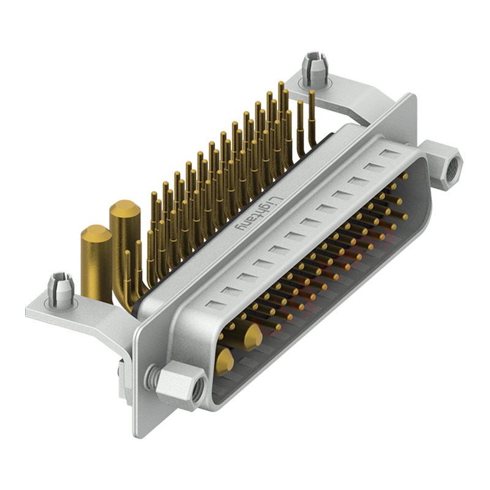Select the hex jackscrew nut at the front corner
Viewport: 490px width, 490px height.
click(x=179, y=384)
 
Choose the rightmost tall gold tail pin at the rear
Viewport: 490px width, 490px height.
click(x=312, y=116)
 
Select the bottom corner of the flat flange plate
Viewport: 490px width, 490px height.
click(x=142, y=436)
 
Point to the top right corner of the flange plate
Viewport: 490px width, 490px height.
click(x=411, y=96)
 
